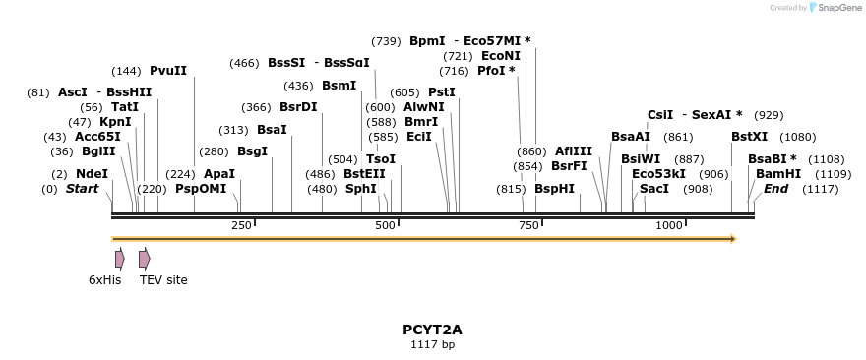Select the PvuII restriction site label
pos(168,71)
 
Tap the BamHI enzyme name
pos(777,174)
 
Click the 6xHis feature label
pos(105,280)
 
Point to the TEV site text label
pos(163,280)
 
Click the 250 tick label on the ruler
pos(241,226)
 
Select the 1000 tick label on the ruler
pos(669,226)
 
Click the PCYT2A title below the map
pos(432,330)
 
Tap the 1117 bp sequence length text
pos(432,345)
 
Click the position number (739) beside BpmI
pos(386,41)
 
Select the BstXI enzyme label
pos(750,137)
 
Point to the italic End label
pos(776,189)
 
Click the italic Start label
pos(83,189)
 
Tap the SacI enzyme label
pos(654,189)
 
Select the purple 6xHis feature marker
pos(119,259)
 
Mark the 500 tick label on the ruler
pos(385,226)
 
